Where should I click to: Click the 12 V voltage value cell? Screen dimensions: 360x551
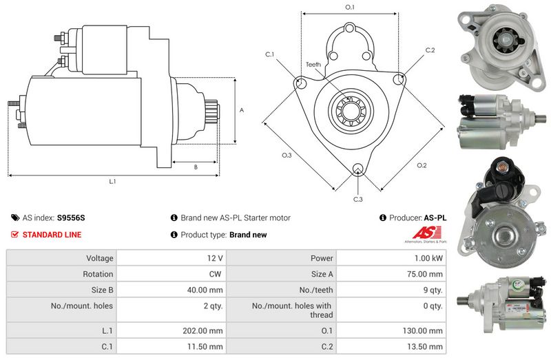(x=214, y=258)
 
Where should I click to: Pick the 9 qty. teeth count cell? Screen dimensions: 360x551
(x=434, y=290)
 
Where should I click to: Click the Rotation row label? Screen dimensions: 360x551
(x=98, y=274)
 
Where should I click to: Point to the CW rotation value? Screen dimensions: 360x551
(x=216, y=274)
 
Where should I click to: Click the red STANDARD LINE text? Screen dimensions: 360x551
(x=52, y=235)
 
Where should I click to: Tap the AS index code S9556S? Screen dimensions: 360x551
(x=71, y=218)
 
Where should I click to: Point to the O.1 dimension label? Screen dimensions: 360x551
(x=349, y=8)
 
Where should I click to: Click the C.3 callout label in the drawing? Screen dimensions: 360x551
(x=357, y=199)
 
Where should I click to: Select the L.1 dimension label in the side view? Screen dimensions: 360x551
(x=112, y=182)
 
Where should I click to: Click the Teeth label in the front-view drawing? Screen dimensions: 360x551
(x=313, y=65)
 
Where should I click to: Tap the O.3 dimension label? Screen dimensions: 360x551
(x=287, y=156)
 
